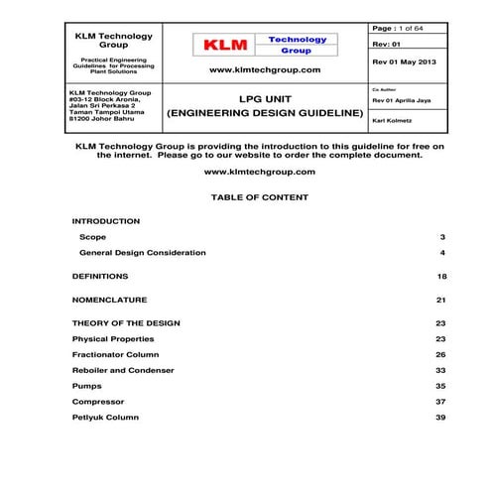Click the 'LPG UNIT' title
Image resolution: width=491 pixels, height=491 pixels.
pyautogui.click(x=265, y=100)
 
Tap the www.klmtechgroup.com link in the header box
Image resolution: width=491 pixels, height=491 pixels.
pyautogui.click(x=265, y=71)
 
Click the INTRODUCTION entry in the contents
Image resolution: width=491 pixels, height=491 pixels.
pyautogui.click(x=106, y=221)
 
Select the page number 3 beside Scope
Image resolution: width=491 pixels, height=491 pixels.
pyautogui.click(x=442, y=238)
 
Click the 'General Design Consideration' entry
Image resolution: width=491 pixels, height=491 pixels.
pyautogui.click(x=143, y=253)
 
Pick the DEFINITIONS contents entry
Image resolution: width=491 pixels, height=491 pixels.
pyautogui.click(x=100, y=277)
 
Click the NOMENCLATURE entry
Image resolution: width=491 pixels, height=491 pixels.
pyautogui.click(x=110, y=300)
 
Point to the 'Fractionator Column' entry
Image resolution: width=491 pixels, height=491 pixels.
pyautogui.click(x=115, y=354)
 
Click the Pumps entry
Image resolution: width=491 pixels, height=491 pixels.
pyautogui.click(x=87, y=385)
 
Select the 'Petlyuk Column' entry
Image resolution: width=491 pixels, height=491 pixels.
pyautogui.click(x=105, y=417)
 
